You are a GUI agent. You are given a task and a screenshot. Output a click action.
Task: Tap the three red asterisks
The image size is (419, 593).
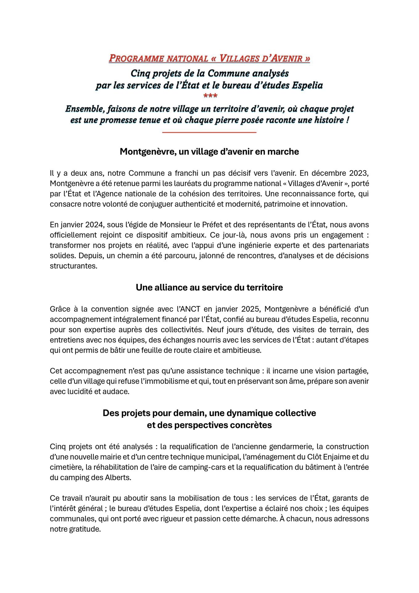(210, 96)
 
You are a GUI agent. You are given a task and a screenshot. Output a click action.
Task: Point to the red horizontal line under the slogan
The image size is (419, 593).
(209, 132)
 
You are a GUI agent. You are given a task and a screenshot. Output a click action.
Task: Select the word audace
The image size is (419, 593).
(118, 391)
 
